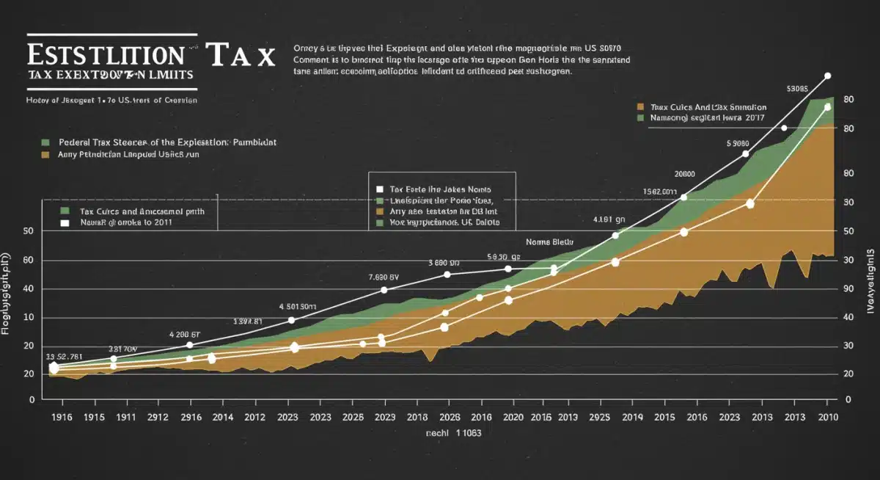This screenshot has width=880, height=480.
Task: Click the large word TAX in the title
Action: point(241,55)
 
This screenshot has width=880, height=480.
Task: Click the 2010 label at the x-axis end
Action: point(829,417)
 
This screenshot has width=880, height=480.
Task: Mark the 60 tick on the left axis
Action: point(29,260)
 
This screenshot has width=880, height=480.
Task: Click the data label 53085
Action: point(797,89)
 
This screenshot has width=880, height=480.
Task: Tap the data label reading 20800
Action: point(684,174)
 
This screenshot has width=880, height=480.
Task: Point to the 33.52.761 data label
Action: point(65,357)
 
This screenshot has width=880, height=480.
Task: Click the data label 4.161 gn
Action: point(609,219)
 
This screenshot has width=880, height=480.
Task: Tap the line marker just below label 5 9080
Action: point(746,153)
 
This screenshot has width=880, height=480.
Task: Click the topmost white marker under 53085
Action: point(827,76)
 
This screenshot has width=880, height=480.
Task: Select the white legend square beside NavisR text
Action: point(64,222)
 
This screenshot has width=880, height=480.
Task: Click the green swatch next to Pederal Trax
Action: point(45,141)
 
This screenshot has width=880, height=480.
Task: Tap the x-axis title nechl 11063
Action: point(453,434)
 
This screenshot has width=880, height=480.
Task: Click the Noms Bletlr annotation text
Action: point(549,241)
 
